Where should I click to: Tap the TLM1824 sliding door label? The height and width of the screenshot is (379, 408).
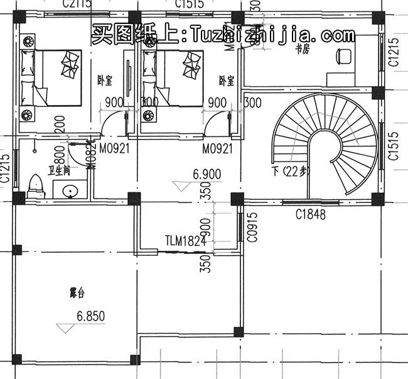pyautogui.click(x=186, y=240)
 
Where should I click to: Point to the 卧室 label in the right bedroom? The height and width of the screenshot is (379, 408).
pyautogui.click(x=227, y=80)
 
